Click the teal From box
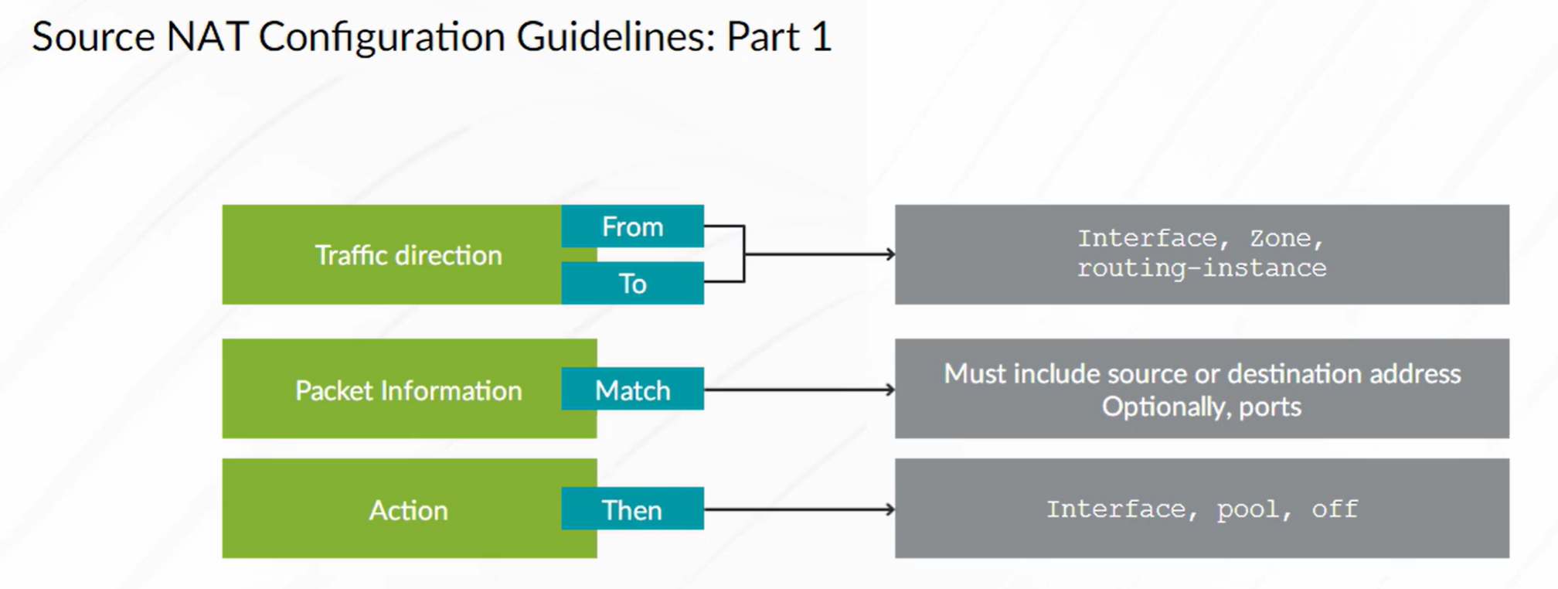click(632, 226)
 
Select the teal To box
click(632, 283)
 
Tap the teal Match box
click(632, 389)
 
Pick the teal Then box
click(632, 509)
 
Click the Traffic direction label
click(409, 255)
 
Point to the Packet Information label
click(409, 390)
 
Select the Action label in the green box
click(409, 510)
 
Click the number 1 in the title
click(821, 36)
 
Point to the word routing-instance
click(1202, 268)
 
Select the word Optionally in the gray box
click(1166, 407)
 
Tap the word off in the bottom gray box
click(1335, 509)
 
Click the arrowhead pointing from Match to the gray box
click(890, 390)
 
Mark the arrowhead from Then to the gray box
click(890, 509)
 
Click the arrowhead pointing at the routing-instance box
click(890, 254)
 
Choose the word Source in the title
click(94, 36)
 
